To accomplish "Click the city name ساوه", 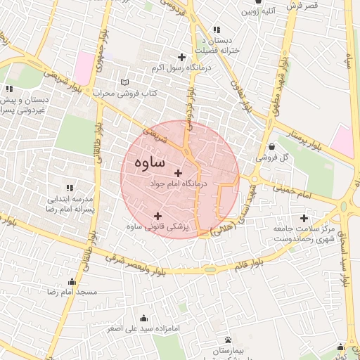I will (148, 162).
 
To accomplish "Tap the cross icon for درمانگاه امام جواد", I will (178, 173).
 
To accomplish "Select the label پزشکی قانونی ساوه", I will (157, 226).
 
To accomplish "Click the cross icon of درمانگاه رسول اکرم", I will (182, 57).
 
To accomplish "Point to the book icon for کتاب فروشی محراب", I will (125, 82).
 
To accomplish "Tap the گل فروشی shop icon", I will (271, 146).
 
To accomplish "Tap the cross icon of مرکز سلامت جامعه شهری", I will (304, 218).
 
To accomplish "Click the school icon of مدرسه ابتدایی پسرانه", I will (69, 188).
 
